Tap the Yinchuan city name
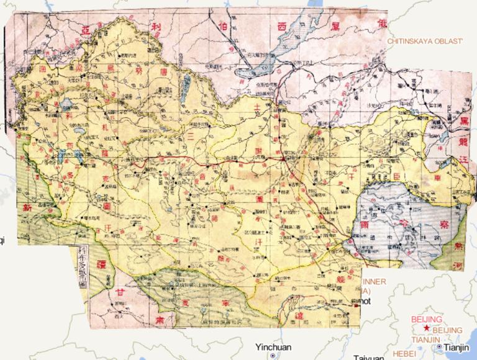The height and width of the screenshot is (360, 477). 275,347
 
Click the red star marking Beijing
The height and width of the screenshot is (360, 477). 426,326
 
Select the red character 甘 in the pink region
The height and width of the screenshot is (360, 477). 122,295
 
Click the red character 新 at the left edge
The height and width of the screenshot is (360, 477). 27,206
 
